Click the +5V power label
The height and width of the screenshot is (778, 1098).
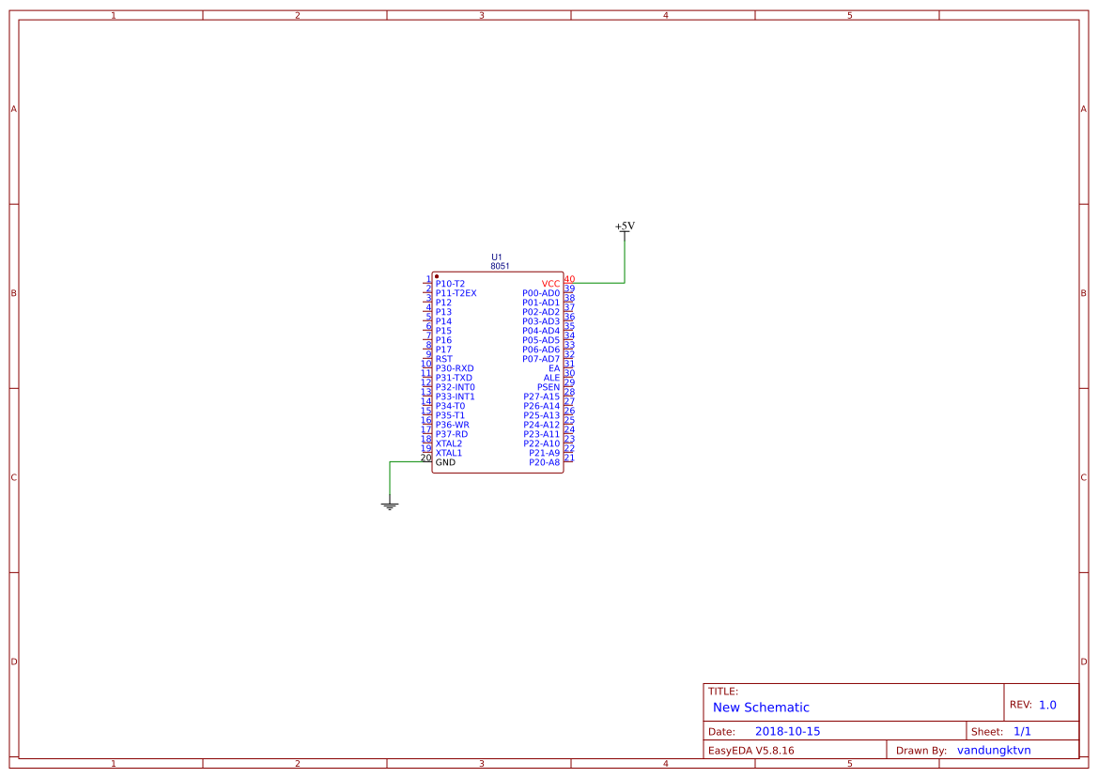point(625,226)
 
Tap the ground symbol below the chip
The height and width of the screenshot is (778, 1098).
point(390,506)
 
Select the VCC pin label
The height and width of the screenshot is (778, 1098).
point(550,285)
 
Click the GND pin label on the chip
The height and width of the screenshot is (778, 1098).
point(445,462)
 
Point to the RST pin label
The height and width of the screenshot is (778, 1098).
point(444,359)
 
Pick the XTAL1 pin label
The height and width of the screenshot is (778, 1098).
point(449,453)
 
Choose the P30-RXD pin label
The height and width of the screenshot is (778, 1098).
point(455,368)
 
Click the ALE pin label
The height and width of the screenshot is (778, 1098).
point(551,378)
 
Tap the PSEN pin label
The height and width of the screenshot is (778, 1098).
point(549,387)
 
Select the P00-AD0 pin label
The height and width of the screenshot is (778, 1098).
point(541,293)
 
